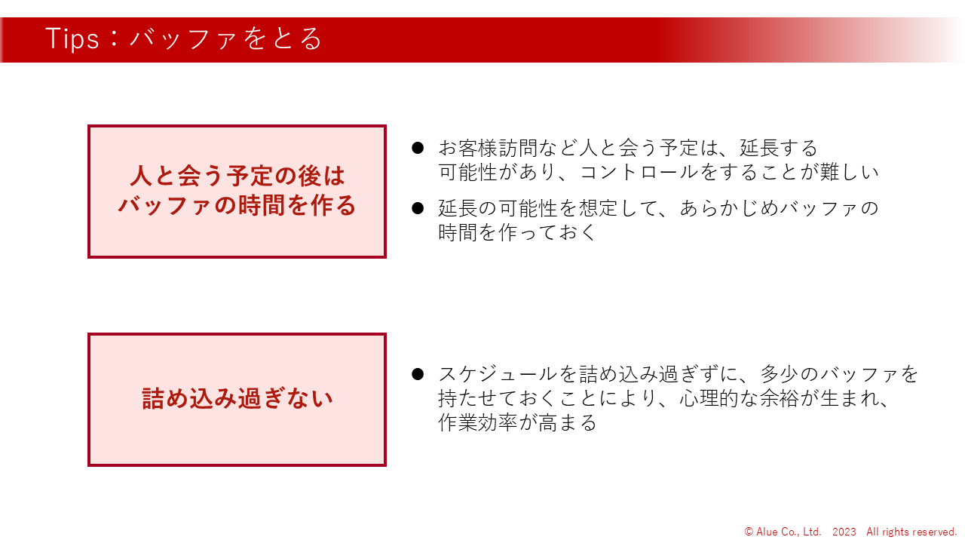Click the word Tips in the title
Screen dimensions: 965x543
point(72,38)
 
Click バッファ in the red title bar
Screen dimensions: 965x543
point(183,38)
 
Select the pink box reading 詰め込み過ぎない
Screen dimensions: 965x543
point(237,400)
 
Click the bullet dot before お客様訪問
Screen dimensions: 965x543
point(418,148)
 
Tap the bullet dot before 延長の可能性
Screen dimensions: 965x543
point(418,208)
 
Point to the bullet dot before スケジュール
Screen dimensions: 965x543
point(418,373)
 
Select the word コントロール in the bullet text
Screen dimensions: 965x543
point(639,173)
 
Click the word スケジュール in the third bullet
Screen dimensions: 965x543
point(498,373)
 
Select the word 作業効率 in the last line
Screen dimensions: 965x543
point(478,422)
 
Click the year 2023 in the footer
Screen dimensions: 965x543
point(844,532)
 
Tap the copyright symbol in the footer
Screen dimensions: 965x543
point(749,532)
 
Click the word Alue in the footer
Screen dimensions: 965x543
point(767,532)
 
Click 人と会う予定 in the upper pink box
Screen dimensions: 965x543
point(202,176)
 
